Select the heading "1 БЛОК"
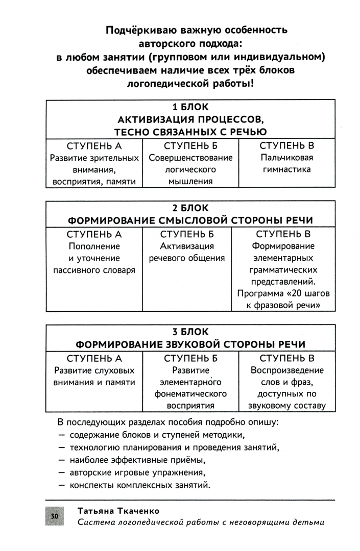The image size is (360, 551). [190, 107]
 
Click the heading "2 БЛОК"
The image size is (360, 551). [190, 208]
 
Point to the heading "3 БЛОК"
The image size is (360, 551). [190, 332]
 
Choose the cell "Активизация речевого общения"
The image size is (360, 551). [187, 253]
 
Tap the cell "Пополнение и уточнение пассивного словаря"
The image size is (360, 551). [94, 258]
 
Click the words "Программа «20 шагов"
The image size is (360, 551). [283, 294]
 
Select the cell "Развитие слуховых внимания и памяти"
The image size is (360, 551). [94, 376]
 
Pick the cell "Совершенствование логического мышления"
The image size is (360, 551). [190, 169]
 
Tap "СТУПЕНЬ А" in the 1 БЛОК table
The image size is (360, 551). [94, 145]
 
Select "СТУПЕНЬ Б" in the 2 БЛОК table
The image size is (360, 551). [187, 234]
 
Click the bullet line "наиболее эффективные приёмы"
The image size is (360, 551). [139, 460]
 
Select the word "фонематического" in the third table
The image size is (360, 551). [191, 394]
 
